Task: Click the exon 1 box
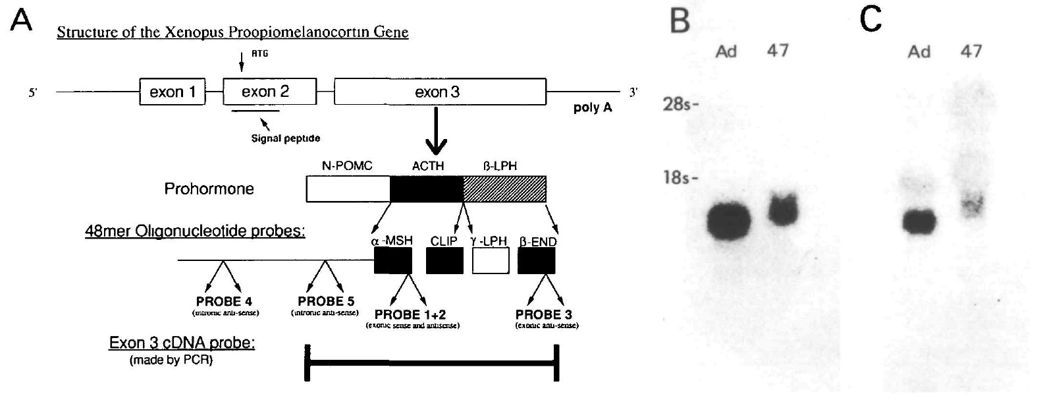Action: pyautogui.click(x=173, y=92)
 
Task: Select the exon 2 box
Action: pyautogui.click(x=265, y=92)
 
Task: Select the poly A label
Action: pyautogui.click(x=593, y=107)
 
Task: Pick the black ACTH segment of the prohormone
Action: pyautogui.click(x=427, y=189)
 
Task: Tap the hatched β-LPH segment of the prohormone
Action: pyautogui.click(x=504, y=189)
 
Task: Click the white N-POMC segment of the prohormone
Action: pyautogui.click(x=348, y=189)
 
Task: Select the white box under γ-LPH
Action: pyautogui.click(x=491, y=261)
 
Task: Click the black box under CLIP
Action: pyautogui.click(x=444, y=261)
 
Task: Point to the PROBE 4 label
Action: pyautogui.click(x=224, y=302)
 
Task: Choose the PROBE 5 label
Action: pyautogui.click(x=325, y=302)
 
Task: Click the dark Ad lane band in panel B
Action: pyautogui.click(x=728, y=221)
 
